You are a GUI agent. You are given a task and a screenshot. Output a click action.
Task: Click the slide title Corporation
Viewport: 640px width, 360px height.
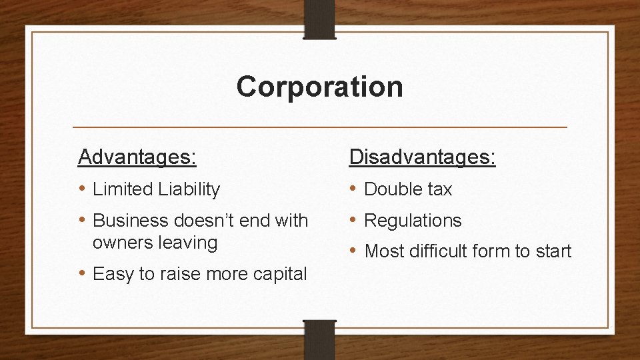click(319, 87)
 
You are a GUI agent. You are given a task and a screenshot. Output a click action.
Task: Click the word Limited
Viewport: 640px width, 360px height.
click(122, 189)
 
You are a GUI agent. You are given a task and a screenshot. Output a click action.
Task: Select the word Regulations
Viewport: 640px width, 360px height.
click(413, 220)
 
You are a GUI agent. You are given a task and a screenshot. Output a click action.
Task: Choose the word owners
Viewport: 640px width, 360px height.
click(121, 243)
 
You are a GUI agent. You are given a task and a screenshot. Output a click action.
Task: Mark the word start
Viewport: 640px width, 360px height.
click(551, 251)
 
